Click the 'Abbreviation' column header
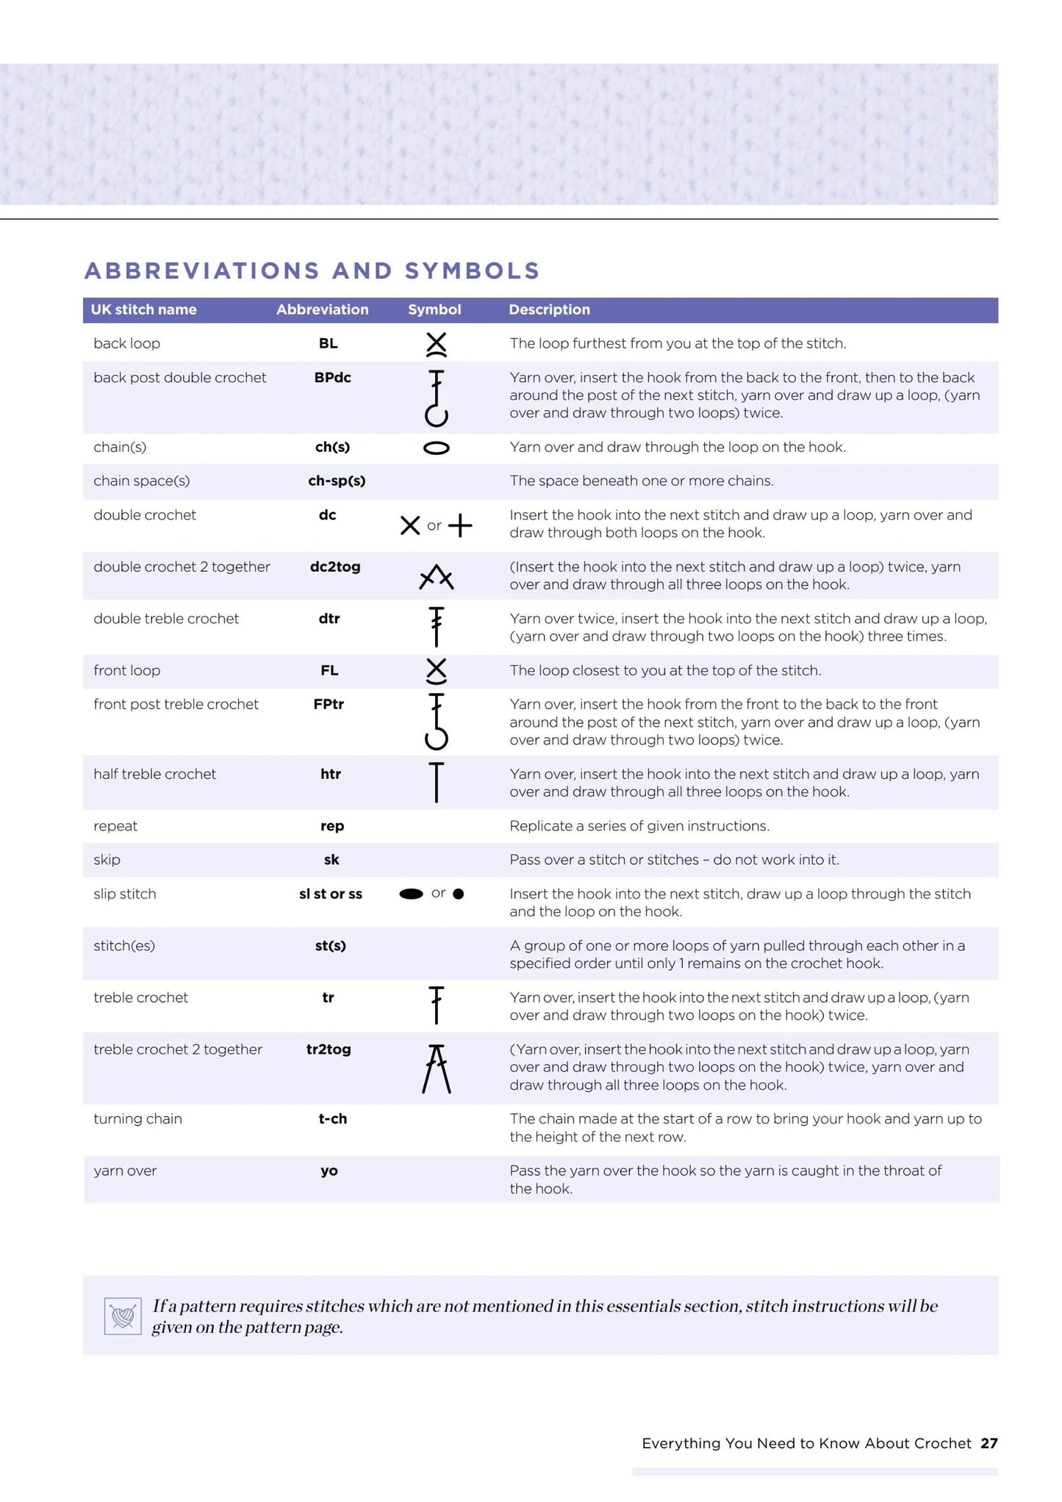coord(322,309)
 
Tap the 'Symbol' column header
coord(434,309)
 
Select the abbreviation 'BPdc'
coord(332,377)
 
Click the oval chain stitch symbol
coord(436,448)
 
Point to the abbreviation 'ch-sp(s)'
coord(337,481)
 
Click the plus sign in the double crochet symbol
coord(460,525)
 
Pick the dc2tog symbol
coord(436,578)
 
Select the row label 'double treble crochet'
coord(166,619)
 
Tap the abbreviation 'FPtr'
coord(329,704)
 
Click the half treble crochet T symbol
coord(436,782)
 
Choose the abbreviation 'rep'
coord(332,826)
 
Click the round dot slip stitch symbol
coord(459,894)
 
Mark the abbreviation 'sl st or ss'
coord(331,894)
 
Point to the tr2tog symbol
coord(436,1068)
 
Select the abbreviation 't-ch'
coord(332,1118)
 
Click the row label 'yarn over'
coord(125,1171)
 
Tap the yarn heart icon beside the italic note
coord(123,1315)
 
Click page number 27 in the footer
coord(989,1443)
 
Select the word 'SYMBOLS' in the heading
coord(472,271)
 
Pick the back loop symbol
coord(436,344)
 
